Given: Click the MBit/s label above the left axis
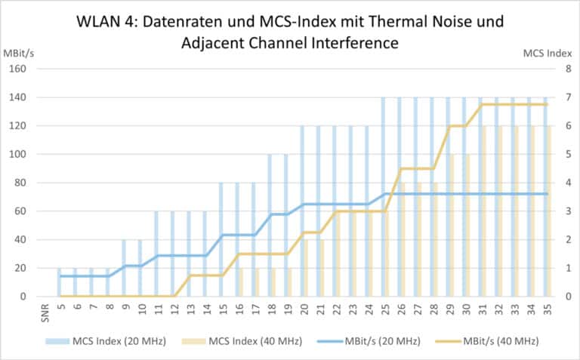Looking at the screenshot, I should (x=23, y=53).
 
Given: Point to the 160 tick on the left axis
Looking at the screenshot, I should (x=18, y=69).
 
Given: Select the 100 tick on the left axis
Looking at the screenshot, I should (x=18, y=155).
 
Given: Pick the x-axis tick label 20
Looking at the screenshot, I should (x=304, y=310).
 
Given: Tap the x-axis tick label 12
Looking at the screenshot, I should (x=174, y=310).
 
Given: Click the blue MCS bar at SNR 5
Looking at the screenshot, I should (x=59, y=283).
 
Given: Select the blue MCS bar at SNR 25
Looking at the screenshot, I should (x=383, y=196).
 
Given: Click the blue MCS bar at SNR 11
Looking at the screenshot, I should (x=156, y=254).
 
